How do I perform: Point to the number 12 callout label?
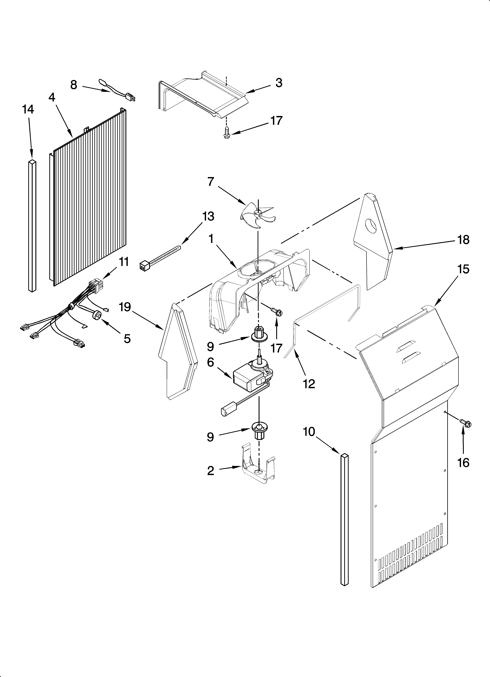click(x=309, y=384)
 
